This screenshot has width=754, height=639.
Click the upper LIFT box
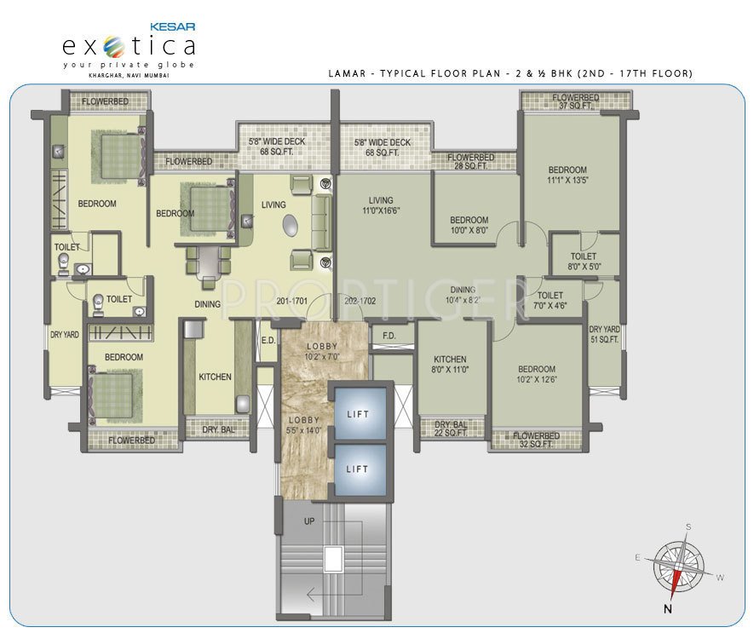357,413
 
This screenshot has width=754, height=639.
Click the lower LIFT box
357,469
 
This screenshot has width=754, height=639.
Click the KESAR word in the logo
173,28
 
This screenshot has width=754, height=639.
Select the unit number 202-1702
360,301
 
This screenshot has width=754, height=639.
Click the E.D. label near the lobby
268,341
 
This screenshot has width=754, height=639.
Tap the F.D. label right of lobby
389,335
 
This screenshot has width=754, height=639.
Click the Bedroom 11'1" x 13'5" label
567,175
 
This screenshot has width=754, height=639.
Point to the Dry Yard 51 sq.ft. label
604,334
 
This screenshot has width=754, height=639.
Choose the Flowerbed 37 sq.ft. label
575,102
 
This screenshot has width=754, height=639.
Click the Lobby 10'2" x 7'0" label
323,351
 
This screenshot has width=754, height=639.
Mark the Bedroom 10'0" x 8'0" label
469,225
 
